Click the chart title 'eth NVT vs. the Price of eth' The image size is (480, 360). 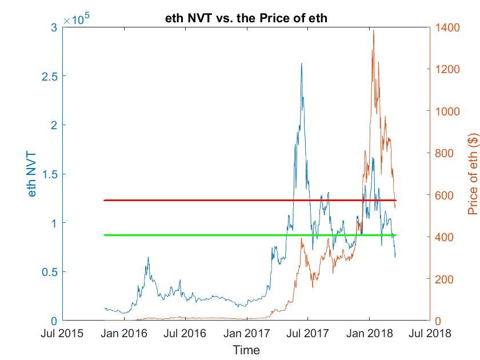pos(245,19)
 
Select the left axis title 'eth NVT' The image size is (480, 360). pos(33,174)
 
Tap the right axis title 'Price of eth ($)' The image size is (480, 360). pos(473,174)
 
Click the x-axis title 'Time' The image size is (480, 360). pos(246,350)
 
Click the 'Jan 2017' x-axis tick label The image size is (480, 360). pos(246,333)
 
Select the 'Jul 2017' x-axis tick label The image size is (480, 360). pos(307,333)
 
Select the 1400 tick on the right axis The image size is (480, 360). pos(446,27)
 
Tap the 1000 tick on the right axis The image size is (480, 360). pos(446,111)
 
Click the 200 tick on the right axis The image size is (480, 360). pos(443,279)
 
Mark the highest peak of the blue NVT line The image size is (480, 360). pos(301,63)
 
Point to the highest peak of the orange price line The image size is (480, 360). pos(374,30)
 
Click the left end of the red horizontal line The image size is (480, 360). pos(104,201)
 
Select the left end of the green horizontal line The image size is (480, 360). pos(104,235)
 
